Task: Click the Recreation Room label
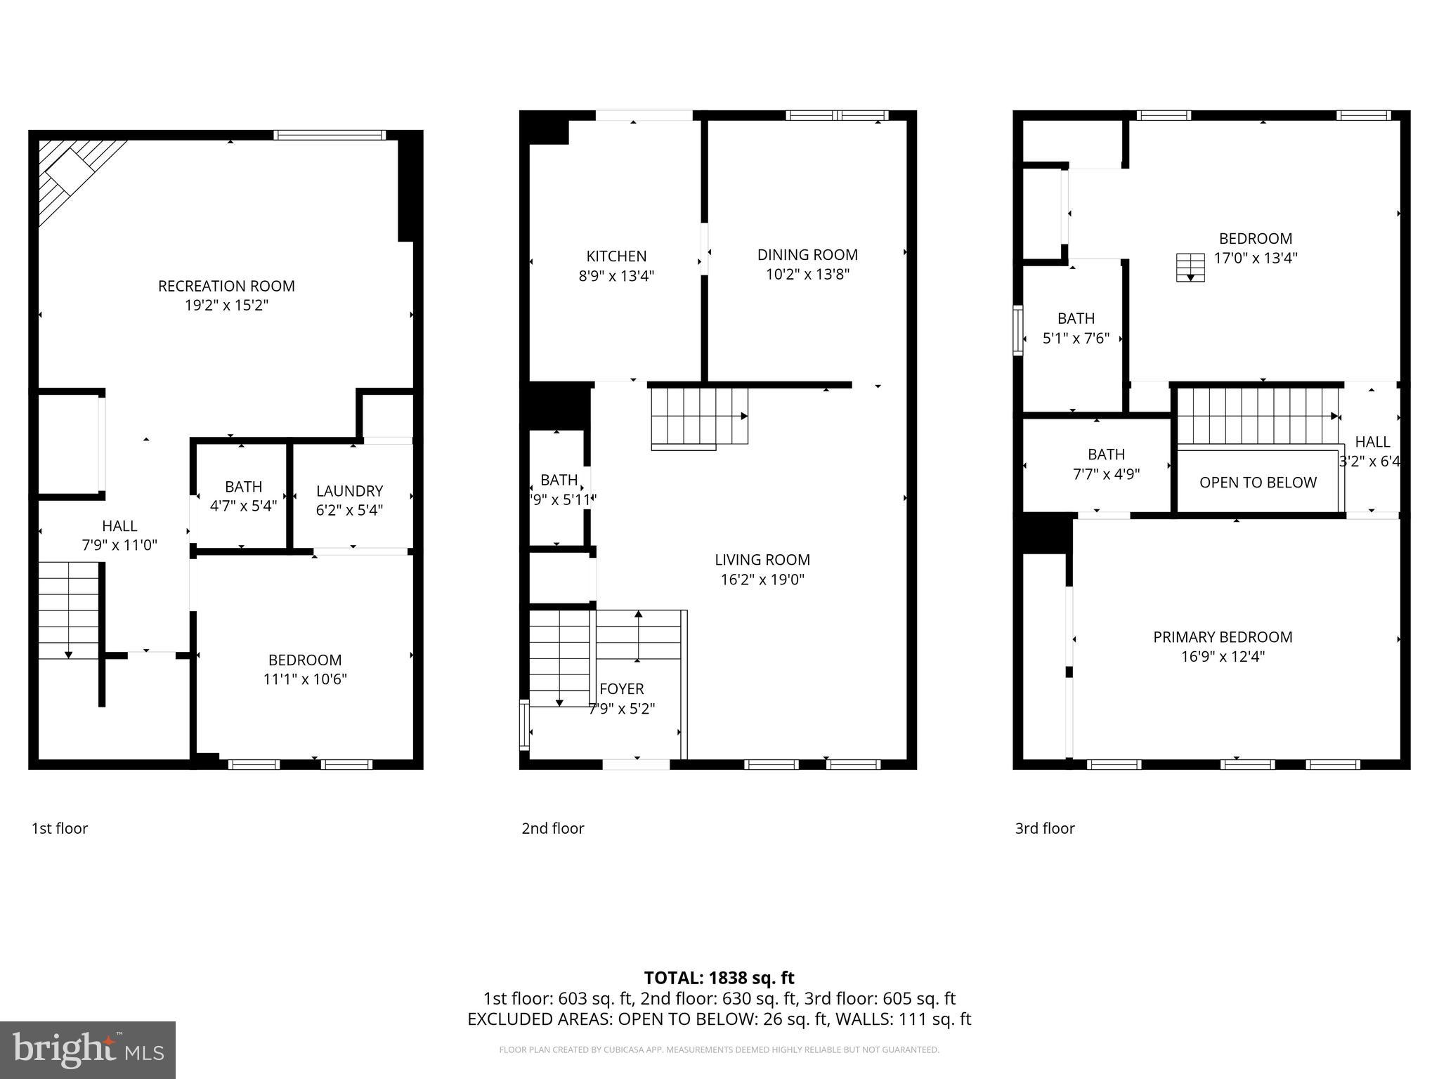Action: coord(226,286)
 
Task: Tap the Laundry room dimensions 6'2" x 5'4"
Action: coord(349,511)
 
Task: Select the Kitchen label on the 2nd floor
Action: coord(616,256)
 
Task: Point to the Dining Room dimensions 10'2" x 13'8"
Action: coord(807,275)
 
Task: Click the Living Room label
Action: coord(762,560)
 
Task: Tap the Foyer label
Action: coord(621,689)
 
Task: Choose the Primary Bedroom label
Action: coord(1223,637)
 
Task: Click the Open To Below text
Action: coord(1258,483)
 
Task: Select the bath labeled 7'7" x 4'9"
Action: coord(1106,464)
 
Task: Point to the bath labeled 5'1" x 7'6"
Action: coord(1076,328)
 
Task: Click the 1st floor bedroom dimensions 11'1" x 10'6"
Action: coord(305,679)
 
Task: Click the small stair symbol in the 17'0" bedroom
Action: coord(1190,268)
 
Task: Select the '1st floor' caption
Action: coord(60,828)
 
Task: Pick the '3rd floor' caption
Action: coord(1044,828)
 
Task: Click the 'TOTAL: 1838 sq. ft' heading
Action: coord(719,978)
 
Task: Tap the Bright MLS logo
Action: coord(88,1049)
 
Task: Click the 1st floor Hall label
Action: coord(119,526)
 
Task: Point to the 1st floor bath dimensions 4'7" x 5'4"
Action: coord(243,505)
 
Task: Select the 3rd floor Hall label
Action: coord(1372,442)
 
